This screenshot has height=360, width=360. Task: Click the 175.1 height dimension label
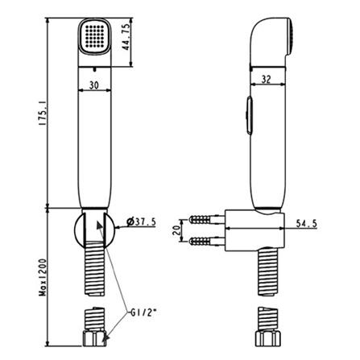pyautogui.click(x=43, y=112)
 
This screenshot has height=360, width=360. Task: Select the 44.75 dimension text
pyautogui.click(x=126, y=37)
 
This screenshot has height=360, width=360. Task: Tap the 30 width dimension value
pyautogui.click(x=94, y=85)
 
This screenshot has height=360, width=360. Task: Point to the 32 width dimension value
pyautogui.click(x=266, y=80)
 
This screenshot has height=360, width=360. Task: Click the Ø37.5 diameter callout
pyautogui.click(x=141, y=221)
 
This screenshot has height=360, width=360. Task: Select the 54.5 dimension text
pyautogui.click(x=306, y=223)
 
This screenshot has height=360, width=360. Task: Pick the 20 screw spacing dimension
pyautogui.click(x=176, y=230)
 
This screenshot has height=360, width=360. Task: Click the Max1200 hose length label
pyautogui.click(x=43, y=277)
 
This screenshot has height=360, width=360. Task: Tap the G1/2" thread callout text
pyautogui.click(x=143, y=312)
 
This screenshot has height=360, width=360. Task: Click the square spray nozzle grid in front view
pyautogui.click(x=94, y=36)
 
